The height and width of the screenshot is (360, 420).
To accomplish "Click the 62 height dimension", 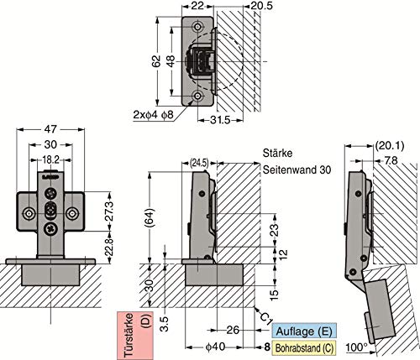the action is pos(158,61).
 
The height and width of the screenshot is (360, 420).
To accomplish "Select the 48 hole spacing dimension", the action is pos(171,61).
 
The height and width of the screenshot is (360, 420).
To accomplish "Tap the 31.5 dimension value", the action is pos(220,120).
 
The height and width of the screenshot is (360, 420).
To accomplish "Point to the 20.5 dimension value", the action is pos(261,6).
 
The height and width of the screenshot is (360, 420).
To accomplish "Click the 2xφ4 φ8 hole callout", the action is pos(154,115).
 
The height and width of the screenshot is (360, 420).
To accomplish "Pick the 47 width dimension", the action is pos(50,129).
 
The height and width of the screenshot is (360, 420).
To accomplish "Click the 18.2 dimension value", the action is pos(50,160).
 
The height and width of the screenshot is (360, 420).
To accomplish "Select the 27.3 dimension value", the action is pos(109,211).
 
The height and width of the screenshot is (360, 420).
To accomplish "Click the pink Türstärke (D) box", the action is pos(135,336).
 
